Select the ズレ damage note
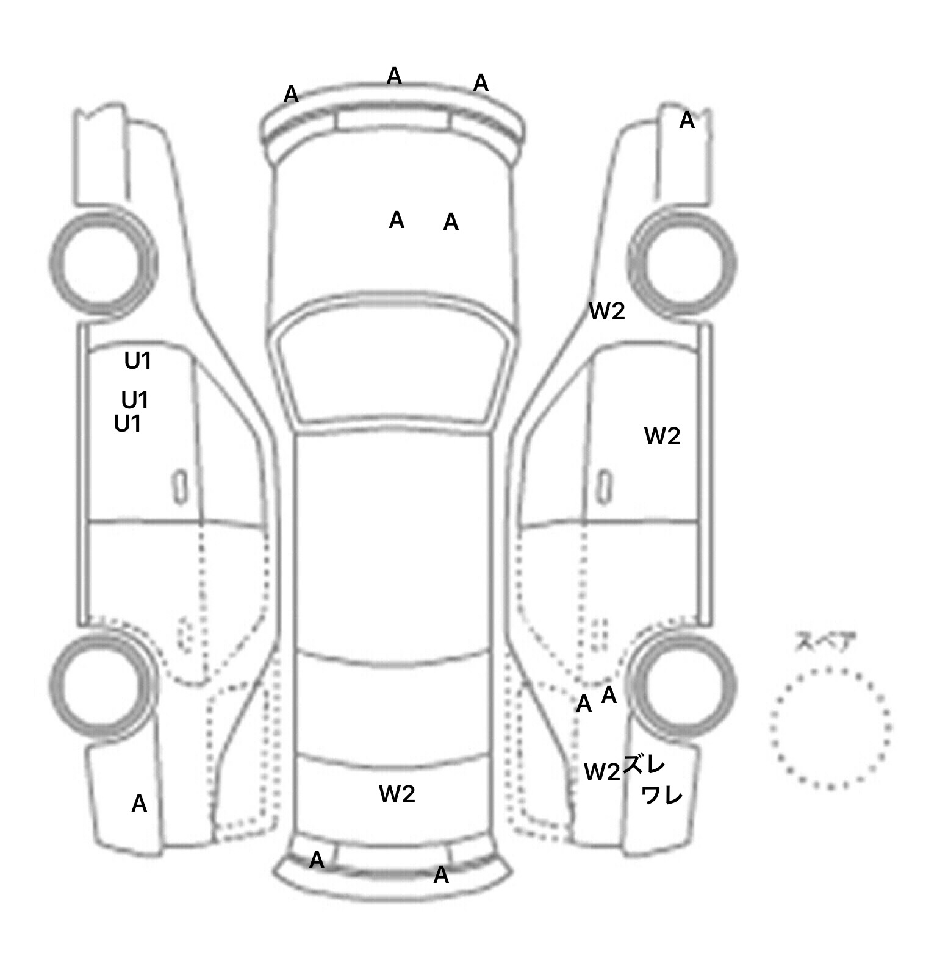644,765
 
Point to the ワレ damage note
662,794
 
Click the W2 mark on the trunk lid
397,794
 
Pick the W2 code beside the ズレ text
602,772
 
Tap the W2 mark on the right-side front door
662,437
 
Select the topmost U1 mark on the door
138,362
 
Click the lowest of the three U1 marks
128,424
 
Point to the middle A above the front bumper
394,76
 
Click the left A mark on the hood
397,220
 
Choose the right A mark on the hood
451,223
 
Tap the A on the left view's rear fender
139,804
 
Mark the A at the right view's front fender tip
687,121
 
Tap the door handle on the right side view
604,487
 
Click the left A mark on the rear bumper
317,860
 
